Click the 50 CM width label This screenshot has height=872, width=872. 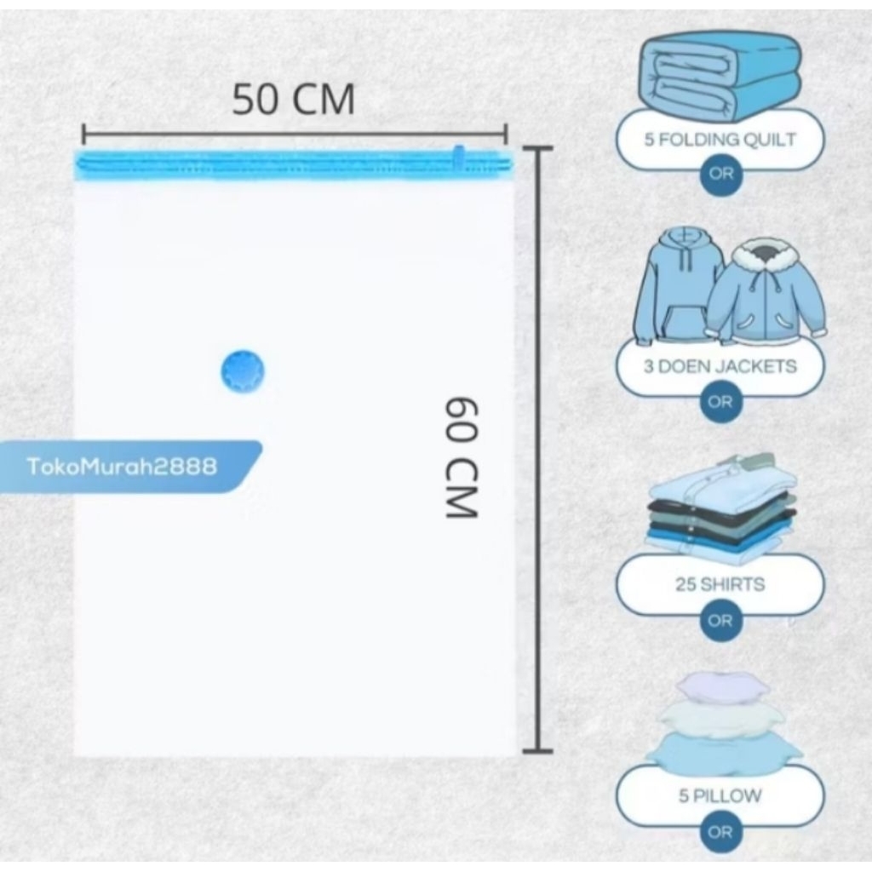pyautogui.click(x=294, y=100)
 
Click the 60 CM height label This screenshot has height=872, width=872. pyautogui.click(x=462, y=456)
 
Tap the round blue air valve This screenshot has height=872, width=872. pyautogui.click(x=243, y=373)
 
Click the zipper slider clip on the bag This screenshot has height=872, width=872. pyautogui.click(x=459, y=158)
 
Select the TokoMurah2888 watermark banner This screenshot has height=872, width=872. pyautogui.click(x=123, y=467)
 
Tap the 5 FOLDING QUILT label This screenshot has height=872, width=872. pyautogui.click(x=720, y=140)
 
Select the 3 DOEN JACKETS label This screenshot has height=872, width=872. pyautogui.click(x=720, y=367)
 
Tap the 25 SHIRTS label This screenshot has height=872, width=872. pyautogui.click(x=720, y=585)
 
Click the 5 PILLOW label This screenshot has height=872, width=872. pyautogui.click(x=720, y=796)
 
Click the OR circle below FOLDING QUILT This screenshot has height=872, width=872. pyautogui.click(x=720, y=175)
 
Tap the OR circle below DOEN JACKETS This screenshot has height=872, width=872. pyautogui.click(x=720, y=402)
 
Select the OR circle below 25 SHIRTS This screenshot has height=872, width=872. pyautogui.click(x=720, y=621)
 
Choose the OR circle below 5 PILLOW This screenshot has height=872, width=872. pyautogui.click(x=720, y=832)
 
